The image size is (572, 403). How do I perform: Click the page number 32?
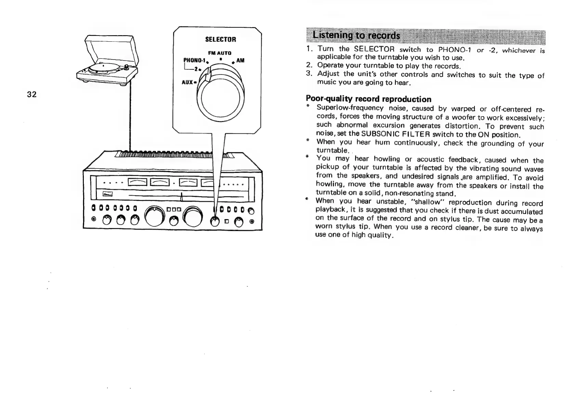pos(32,95)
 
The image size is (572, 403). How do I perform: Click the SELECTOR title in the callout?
pos(220,39)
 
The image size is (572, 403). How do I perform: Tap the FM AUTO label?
pos(220,53)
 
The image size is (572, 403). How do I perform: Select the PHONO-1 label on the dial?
pos(194,61)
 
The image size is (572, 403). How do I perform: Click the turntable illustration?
pos(107,65)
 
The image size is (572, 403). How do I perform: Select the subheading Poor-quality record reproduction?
pos(368,99)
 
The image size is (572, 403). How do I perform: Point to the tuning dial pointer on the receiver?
pos(182,197)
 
